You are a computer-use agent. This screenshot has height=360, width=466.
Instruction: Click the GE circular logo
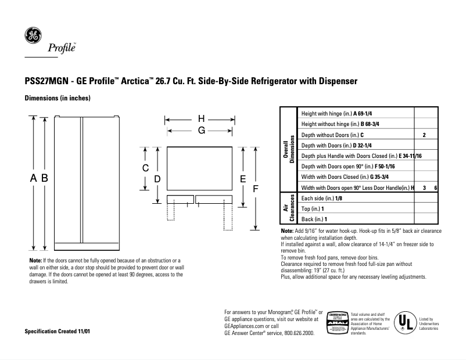pyautogui.click(x=33, y=35)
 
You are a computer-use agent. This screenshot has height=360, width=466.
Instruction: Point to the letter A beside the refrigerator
pyautogui.click(x=34, y=178)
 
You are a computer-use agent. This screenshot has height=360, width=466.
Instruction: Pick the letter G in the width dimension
pyautogui.click(x=201, y=131)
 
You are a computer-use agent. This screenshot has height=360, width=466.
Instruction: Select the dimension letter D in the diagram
pyautogui.click(x=157, y=179)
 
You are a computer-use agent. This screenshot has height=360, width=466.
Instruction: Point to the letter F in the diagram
pyautogui.click(x=255, y=189)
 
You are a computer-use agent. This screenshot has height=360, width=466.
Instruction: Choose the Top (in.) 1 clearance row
pyautogui.click(x=313, y=208)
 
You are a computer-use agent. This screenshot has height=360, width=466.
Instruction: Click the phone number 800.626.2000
pyautogui.click(x=297, y=334)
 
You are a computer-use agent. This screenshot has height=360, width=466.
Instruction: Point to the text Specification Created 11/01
pyautogui.click(x=58, y=331)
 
